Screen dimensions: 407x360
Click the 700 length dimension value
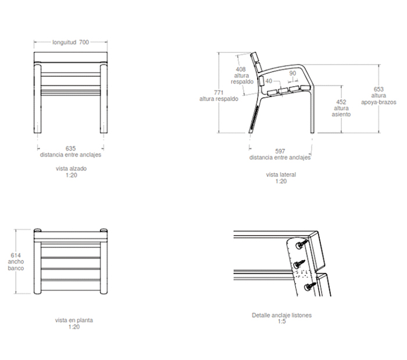84,42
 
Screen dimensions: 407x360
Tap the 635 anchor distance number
70,148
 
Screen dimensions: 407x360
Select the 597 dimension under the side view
280,151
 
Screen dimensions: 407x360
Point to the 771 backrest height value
219,92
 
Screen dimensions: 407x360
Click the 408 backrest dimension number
241,69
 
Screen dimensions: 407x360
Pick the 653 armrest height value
379,89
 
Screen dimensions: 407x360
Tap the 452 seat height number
341,102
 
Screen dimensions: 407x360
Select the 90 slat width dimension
292,73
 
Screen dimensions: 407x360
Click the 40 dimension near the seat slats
269,81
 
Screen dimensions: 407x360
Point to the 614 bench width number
16,255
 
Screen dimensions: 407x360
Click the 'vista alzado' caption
71,169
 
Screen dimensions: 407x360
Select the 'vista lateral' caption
281,174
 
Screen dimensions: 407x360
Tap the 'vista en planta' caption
74,320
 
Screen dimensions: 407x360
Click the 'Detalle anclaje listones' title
281,315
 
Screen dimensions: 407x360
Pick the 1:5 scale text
281,322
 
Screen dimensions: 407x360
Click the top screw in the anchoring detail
301,244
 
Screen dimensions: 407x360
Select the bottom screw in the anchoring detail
310,286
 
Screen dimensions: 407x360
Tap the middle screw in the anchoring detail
299,264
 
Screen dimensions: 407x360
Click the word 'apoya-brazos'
379,102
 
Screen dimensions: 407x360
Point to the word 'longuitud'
65,42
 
